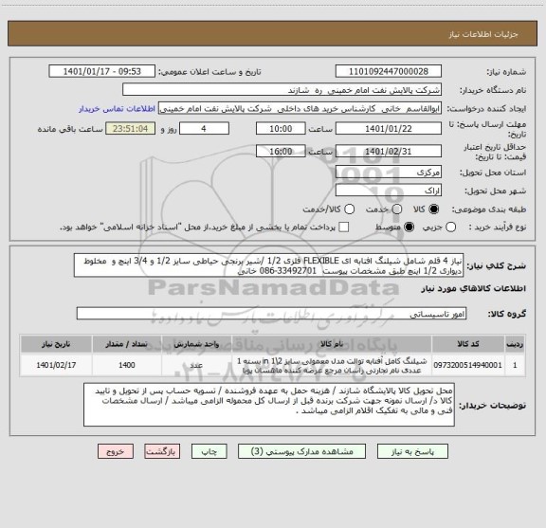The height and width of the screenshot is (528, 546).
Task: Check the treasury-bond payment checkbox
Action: point(343,228)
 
